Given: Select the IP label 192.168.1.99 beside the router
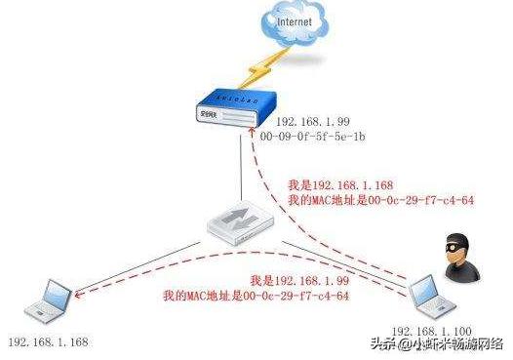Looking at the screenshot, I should (310, 122).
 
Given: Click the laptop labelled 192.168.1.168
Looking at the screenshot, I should (47, 301).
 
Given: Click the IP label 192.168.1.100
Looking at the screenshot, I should (433, 333).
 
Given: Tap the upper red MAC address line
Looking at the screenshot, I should (365, 200).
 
